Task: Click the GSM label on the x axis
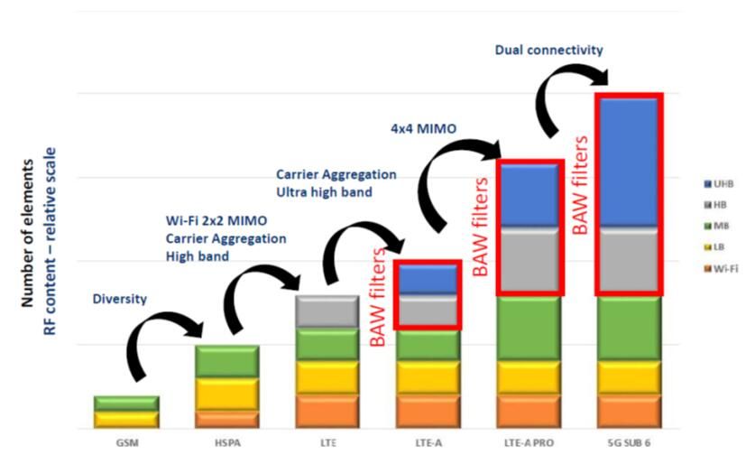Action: pos(127,444)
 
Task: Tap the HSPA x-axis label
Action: pos(227,444)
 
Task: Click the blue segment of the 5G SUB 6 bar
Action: pos(630,162)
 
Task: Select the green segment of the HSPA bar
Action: pos(227,361)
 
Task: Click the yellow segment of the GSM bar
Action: pos(127,419)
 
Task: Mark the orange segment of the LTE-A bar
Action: pos(428,411)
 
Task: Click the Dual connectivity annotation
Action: pos(548,51)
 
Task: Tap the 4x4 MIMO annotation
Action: pos(423,129)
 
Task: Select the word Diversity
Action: pos(119,299)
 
